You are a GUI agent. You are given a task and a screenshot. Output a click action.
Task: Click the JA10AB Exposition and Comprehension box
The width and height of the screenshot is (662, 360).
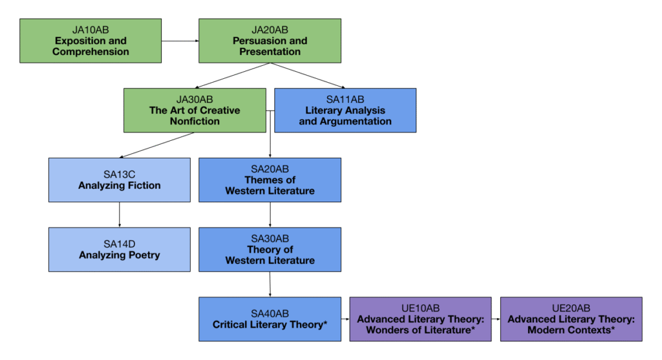click(x=91, y=41)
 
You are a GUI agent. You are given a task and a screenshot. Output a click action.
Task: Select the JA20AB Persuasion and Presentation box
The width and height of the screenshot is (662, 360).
click(x=270, y=41)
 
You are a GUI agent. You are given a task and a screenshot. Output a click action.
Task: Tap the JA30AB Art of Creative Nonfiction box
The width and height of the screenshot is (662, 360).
click(x=195, y=111)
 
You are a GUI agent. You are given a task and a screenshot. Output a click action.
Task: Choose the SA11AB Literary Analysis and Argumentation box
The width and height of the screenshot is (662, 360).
click(x=345, y=111)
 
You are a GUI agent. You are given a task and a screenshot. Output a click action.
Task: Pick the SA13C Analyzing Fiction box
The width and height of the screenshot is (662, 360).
click(x=120, y=180)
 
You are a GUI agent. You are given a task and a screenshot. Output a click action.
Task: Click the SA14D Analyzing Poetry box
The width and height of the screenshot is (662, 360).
click(x=120, y=249)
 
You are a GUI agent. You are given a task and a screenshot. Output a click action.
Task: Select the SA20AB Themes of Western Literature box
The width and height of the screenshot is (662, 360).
click(x=270, y=180)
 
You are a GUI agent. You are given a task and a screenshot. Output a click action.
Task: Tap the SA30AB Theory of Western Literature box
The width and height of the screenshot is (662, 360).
click(x=270, y=249)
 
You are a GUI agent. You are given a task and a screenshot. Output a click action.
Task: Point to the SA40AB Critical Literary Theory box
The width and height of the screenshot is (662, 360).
click(x=270, y=319)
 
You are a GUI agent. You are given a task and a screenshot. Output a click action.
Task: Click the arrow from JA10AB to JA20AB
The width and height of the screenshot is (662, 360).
click(x=180, y=41)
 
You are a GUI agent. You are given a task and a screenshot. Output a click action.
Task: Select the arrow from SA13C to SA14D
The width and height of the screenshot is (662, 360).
click(x=120, y=215)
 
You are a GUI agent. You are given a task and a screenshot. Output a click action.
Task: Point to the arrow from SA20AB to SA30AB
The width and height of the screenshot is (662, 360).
click(x=270, y=215)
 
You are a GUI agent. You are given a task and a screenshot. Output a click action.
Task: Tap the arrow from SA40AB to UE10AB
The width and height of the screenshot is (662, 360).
click(x=345, y=319)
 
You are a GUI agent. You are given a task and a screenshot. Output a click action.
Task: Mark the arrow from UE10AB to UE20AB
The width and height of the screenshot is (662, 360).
click(x=496, y=319)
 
